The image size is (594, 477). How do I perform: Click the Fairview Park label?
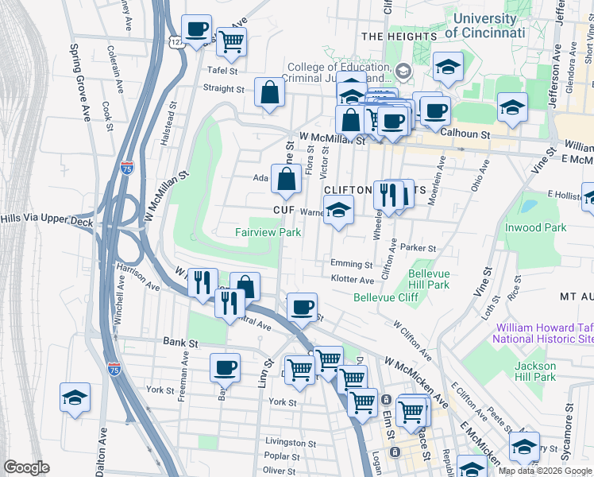268,232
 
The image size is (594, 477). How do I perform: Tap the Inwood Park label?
535,227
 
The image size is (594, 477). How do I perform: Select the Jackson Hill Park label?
534,371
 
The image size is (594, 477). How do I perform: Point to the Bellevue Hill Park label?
428,279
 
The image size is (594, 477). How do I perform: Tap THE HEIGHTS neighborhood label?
399,37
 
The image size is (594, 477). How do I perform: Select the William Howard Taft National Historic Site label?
542,332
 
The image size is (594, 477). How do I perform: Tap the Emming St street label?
352,264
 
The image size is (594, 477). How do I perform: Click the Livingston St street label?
291,443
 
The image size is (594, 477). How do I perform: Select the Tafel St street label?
223,70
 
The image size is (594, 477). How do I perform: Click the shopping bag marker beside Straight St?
269,93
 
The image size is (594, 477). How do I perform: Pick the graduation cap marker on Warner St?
338,211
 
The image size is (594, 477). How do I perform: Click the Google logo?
26,467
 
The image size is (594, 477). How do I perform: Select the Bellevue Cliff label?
386,297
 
